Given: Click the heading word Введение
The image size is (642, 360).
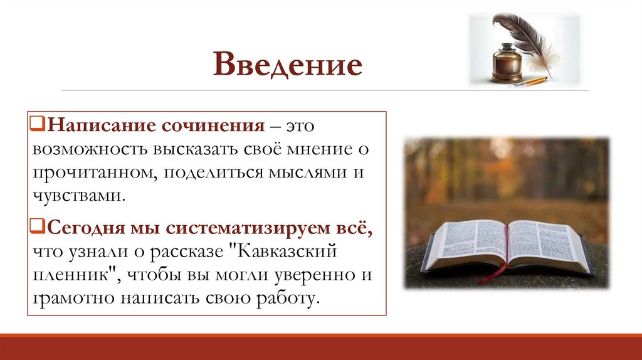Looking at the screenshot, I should click(x=288, y=66).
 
